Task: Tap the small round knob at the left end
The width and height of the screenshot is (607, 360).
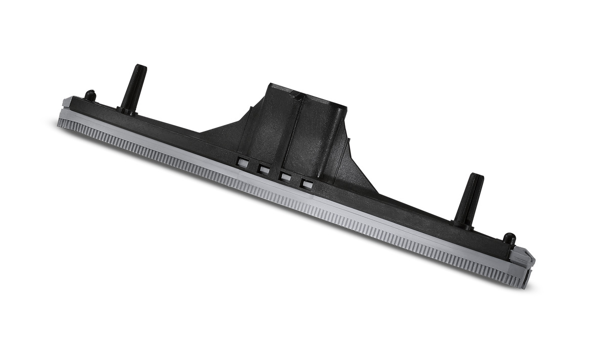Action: (x=90, y=95)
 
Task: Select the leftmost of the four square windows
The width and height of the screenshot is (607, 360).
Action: (x=242, y=162)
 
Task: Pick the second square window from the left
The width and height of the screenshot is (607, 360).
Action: (x=264, y=169)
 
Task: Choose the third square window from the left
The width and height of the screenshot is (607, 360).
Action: (x=285, y=177)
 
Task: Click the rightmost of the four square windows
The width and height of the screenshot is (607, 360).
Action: (x=306, y=184)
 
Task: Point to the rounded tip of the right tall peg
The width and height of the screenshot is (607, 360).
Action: (x=476, y=176)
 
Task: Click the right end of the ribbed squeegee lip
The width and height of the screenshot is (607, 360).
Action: (x=521, y=281)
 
